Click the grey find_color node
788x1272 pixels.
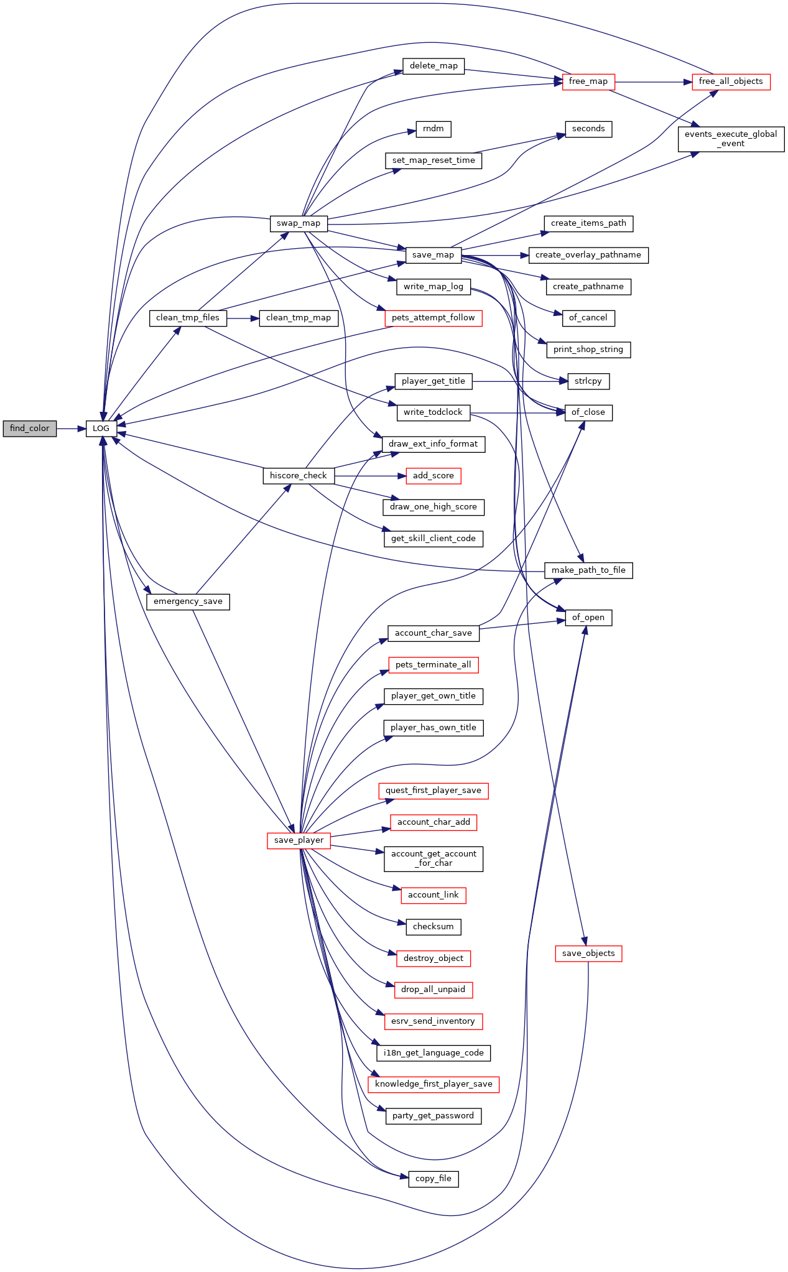[30, 429]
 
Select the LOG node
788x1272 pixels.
[101, 429]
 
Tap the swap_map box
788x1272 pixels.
[299, 223]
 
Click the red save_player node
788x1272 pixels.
[299, 840]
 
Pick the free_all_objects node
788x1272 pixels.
[731, 81]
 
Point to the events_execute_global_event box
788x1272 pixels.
[731, 139]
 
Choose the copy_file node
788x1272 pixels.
[433, 1179]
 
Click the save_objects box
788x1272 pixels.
[588, 954]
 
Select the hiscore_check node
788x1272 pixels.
[299, 476]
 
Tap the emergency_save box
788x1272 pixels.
[188, 601]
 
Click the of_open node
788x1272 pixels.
[588, 618]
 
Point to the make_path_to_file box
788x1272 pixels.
[588, 570]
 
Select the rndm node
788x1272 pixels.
[433, 129]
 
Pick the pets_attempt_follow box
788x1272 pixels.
[433, 318]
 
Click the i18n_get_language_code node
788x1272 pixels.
[433, 1053]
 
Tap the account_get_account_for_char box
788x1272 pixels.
[433, 859]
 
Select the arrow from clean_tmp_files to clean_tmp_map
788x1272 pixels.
[243, 318]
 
